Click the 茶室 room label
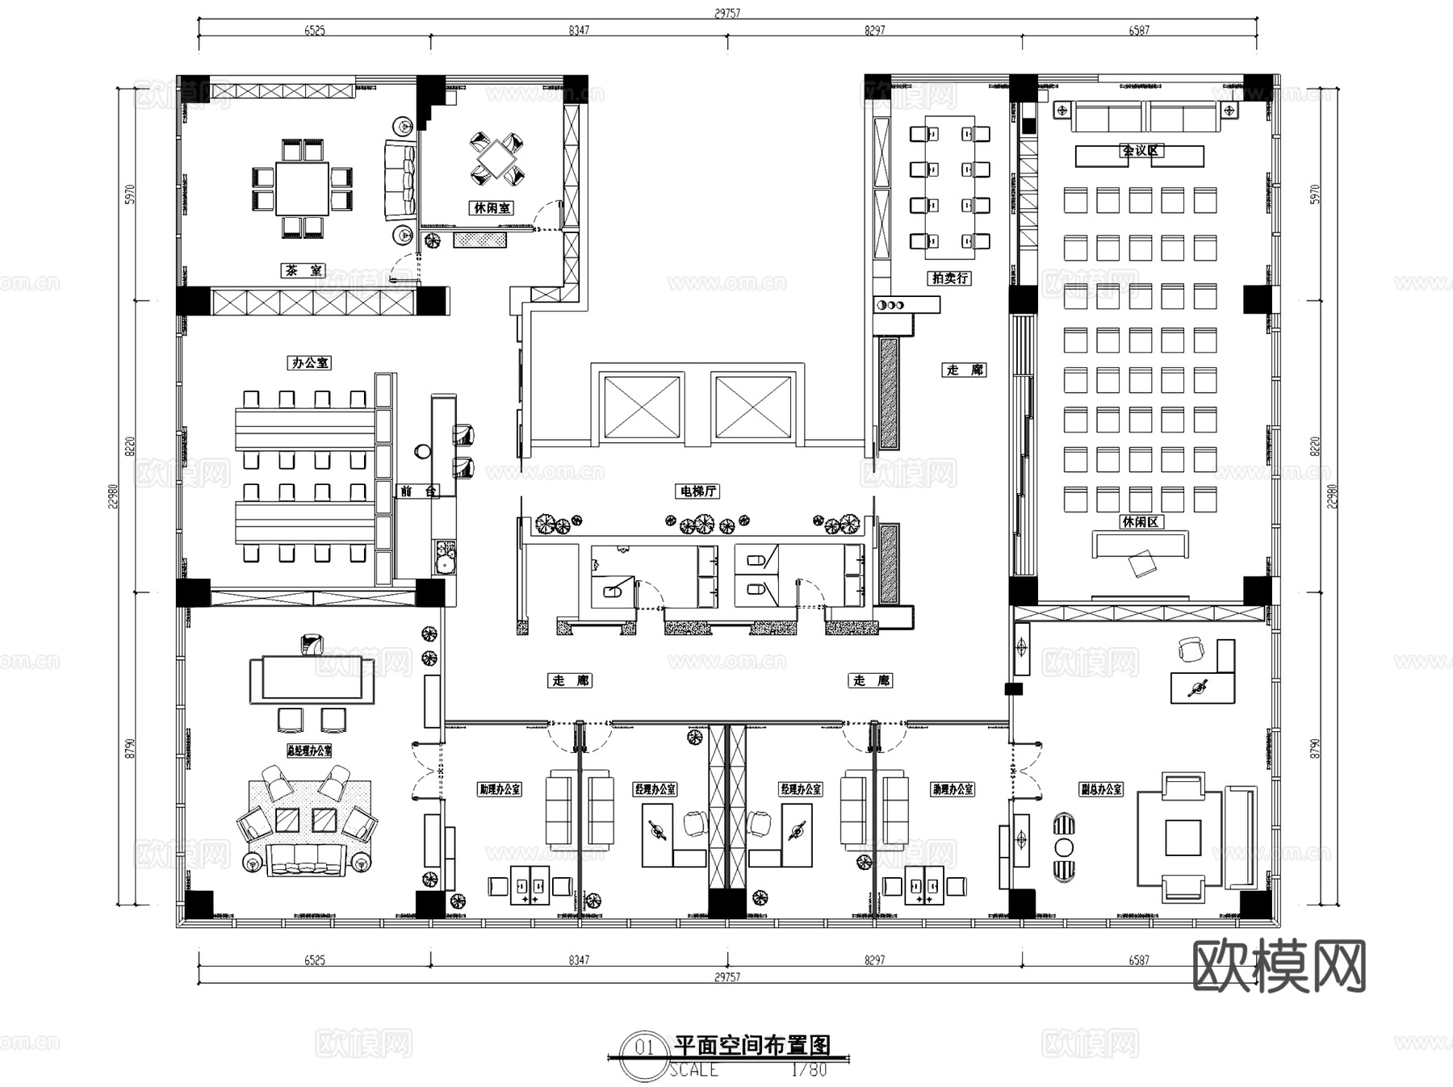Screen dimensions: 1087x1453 coord(303,270)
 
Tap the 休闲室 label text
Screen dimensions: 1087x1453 coord(491,207)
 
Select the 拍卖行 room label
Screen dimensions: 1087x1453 coord(949,278)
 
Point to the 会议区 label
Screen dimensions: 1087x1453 coord(1139,150)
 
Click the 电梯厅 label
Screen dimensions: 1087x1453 coord(697,491)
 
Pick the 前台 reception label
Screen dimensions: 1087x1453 coord(417,491)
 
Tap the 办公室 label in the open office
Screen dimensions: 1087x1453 coord(310,362)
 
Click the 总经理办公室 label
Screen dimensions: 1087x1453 coord(309,750)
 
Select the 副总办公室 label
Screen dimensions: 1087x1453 coord(1101,788)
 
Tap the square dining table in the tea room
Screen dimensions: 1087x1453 coord(303,188)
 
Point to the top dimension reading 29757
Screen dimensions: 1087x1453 coord(727,13)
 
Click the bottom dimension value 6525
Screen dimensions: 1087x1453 coord(315,959)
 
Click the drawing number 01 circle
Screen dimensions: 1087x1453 coord(644,1047)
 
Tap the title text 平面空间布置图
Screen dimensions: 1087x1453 coord(752,1046)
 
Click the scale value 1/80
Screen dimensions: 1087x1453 coord(808,1069)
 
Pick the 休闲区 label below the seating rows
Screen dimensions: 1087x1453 coord(1141,521)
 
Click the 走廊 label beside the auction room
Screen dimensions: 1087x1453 coord(965,370)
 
